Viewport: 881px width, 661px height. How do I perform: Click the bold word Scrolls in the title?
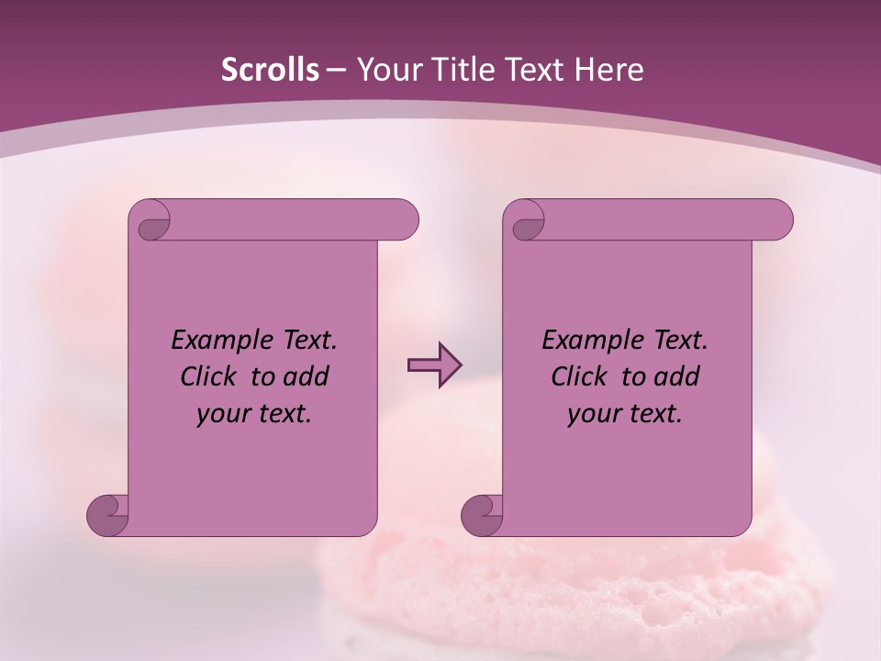point(271,70)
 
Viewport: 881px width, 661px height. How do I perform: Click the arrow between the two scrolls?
point(433,365)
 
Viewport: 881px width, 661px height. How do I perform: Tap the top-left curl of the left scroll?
point(152,223)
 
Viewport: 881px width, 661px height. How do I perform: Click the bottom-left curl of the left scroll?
point(108,514)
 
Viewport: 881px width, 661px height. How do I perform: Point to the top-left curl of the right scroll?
point(527,223)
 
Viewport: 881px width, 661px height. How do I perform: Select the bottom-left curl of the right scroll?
point(483,514)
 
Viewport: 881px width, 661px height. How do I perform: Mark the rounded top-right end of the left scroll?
point(404,220)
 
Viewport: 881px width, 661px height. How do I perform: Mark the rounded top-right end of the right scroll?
point(778,220)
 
